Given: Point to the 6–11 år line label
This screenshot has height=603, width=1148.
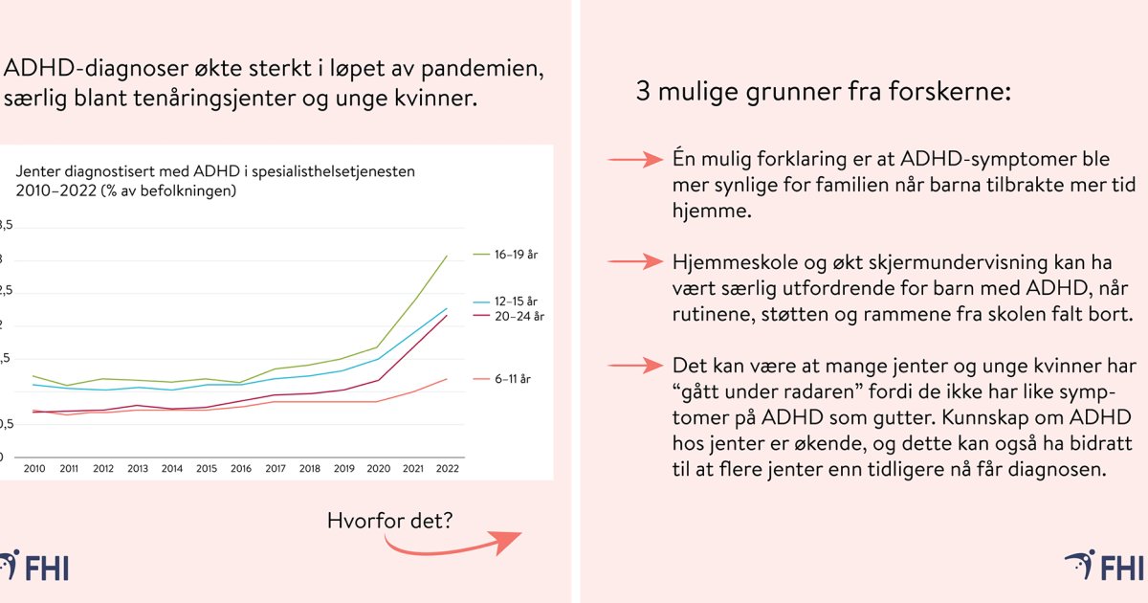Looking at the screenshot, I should (x=513, y=379).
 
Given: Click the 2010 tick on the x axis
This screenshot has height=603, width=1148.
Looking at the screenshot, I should (x=33, y=468).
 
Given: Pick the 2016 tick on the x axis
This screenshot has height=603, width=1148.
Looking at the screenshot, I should (x=240, y=468).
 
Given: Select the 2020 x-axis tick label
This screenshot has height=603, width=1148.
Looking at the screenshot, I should (x=378, y=468).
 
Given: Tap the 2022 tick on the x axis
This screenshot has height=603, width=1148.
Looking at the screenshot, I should (x=447, y=468).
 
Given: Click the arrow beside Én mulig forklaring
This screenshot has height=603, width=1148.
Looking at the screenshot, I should (x=636, y=159).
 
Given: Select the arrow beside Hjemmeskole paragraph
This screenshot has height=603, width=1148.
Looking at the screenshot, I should (x=636, y=261).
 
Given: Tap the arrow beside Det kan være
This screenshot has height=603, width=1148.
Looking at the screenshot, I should (x=636, y=366).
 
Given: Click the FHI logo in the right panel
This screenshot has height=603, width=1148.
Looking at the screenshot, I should (x=1106, y=567).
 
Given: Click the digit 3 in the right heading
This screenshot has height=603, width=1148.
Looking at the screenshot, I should (x=642, y=93).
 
